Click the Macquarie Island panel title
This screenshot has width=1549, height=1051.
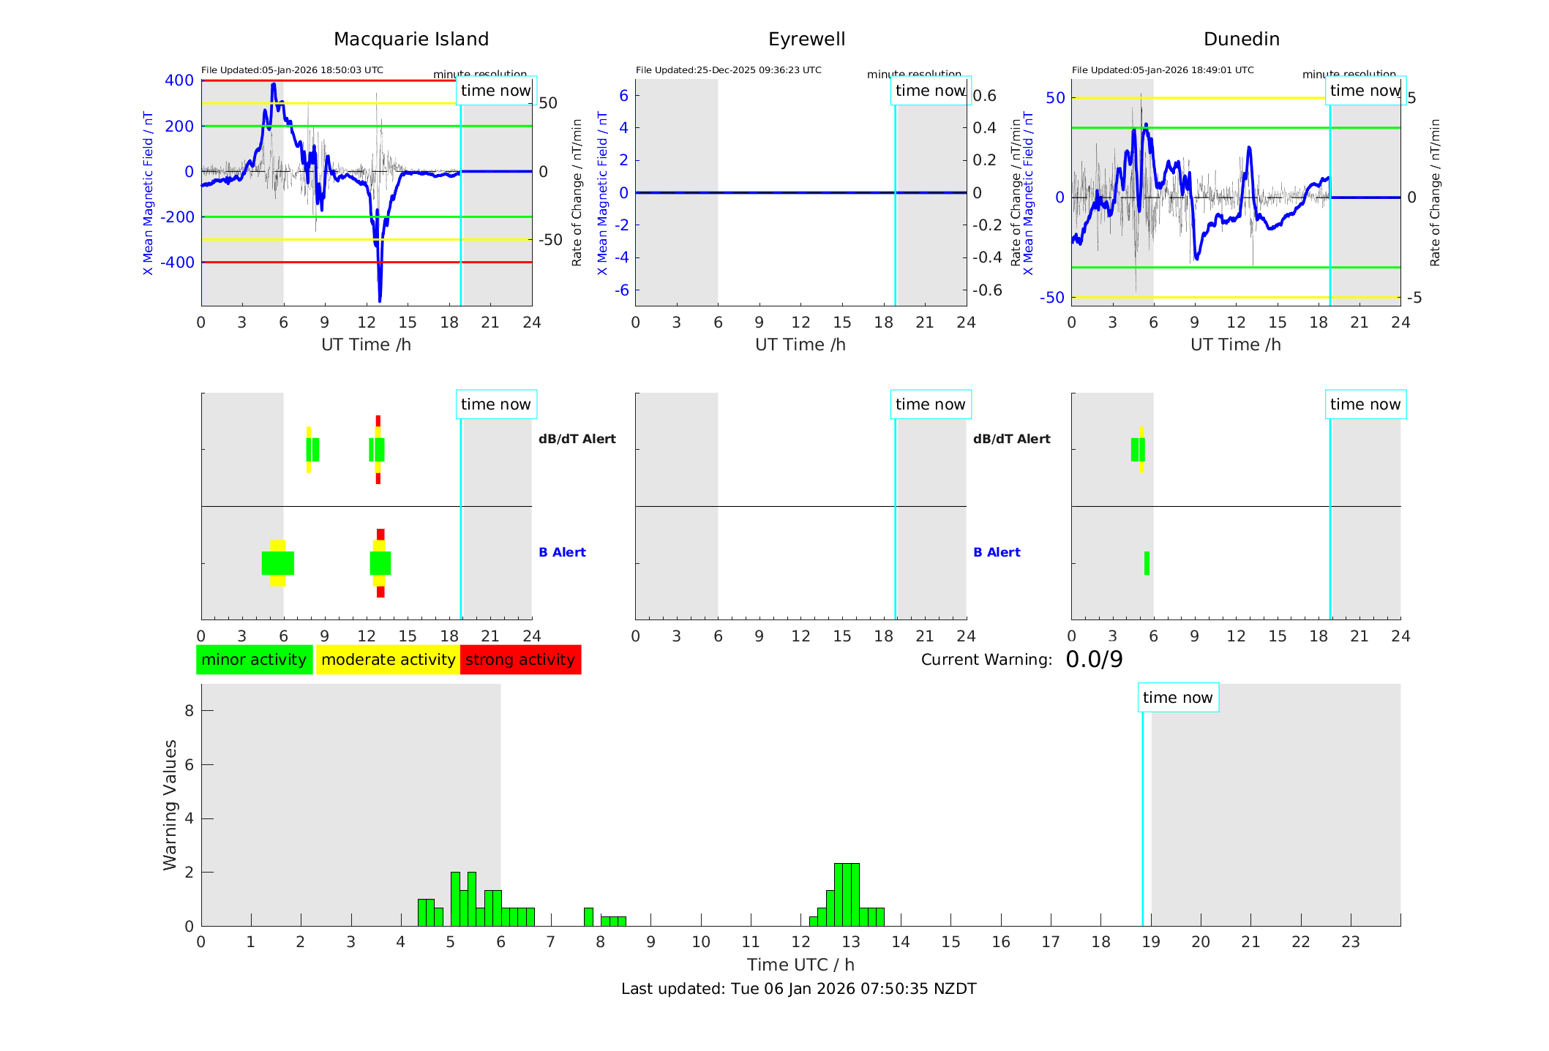tap(411, 39)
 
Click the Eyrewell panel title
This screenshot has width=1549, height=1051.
tap(806, 39)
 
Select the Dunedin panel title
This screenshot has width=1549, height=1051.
tap(1241, 39)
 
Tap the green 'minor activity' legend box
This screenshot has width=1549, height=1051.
tap(254, 660)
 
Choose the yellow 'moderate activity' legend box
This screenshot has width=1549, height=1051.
tap(388, 660)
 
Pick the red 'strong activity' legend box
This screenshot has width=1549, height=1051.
tap(520, 660)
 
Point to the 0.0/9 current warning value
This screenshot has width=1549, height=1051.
tap(1094, 660)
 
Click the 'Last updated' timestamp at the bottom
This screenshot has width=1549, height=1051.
tap(798, 989)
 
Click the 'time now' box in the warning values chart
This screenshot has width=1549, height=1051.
tap(1177, 698)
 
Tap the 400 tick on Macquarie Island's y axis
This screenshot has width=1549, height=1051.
tap(179, 80)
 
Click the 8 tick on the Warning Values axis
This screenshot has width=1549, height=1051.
tap(190, 710)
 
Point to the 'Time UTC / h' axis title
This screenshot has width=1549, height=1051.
tap(800, 965)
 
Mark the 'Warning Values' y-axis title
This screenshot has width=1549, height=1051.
tap(170, 805)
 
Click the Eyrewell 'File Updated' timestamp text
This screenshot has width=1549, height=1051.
tap(728, 70)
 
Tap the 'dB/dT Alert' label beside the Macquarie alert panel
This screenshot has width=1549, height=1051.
tap(577, 439)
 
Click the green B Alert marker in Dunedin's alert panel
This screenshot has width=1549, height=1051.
tap(1147, 563)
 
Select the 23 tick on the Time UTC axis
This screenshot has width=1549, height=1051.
tap(1350, 942)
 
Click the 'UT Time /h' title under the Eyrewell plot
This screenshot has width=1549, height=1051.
tap(800, 344)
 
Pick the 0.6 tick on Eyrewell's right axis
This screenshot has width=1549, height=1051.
tap(984, 96)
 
